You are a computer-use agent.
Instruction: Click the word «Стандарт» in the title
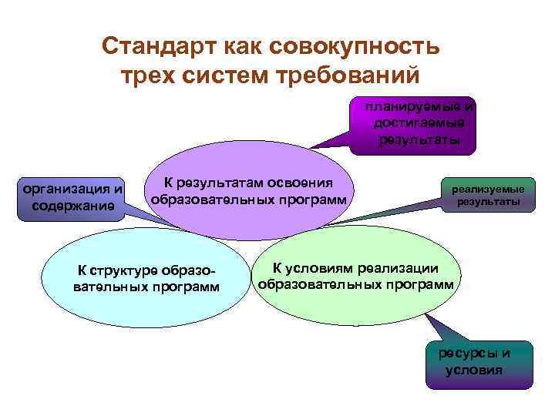click(x=161, y=47)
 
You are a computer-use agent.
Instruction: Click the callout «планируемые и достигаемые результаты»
click(x=417, y=123)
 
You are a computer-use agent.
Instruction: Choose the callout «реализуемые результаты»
click(x=487, y=196)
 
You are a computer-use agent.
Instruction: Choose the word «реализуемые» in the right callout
click(x=488, y=189)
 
